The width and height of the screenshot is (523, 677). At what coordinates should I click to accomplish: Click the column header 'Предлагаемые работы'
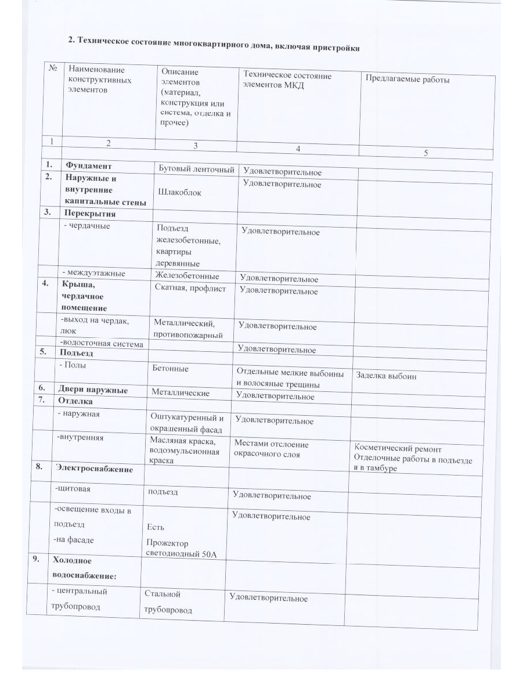pyautogui.click(x=407, y=80)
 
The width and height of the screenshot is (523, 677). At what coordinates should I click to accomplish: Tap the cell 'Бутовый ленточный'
pyautogui.click(x=197, y=169)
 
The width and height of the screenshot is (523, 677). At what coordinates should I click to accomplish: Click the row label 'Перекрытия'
pyautogui.click(x=90, y=213)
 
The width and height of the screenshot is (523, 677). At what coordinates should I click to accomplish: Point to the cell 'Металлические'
pyautogui.click(x=181, y=393)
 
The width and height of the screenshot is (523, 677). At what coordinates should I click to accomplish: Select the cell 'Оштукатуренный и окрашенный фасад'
pyautogui.click(x=187, y=423)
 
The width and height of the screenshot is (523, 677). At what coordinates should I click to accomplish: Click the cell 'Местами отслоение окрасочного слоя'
pyautogui.click(x=271, y=449)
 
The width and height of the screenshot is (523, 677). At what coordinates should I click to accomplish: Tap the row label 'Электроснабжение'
pyautogui.click(x=94, y=468)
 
